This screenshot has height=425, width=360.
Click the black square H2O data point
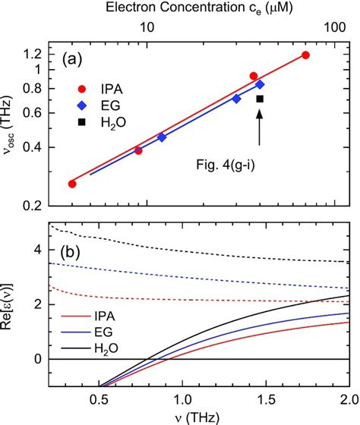click(260, 99)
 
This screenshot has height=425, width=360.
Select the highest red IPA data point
click(305, 55)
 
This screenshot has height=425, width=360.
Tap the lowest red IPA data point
click(72, 184)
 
